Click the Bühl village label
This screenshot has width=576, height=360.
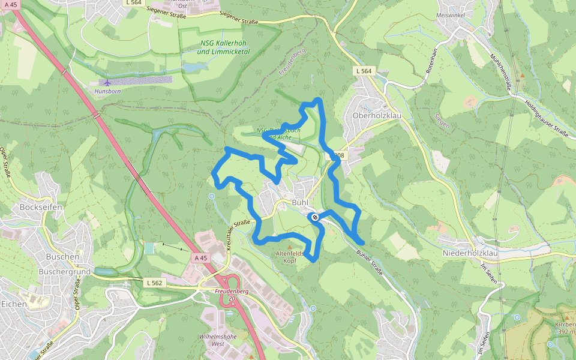point(299,203)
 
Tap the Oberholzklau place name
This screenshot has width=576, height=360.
point(376,116)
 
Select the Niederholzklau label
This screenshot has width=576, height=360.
point(470,253)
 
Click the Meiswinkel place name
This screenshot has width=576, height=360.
point(451,14)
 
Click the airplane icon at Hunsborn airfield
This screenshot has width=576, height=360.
point(107,82)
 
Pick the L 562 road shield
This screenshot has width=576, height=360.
point(154,282)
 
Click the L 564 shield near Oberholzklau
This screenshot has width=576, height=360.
point(364,71)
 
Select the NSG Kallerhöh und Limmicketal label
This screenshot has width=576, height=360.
point(223,48)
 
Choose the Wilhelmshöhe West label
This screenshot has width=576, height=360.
point(214,340)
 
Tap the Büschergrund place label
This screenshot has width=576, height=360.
point(64,271)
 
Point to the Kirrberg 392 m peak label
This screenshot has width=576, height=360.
point(565,328)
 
